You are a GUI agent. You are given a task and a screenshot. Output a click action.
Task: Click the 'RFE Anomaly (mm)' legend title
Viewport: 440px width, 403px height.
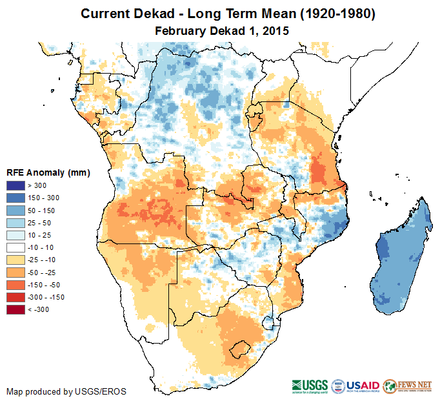tap(48, 173)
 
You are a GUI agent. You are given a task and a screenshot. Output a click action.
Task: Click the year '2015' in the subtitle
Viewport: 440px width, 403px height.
tap(275, 30)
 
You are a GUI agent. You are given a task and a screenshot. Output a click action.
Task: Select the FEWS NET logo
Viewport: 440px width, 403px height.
tap(406, 386)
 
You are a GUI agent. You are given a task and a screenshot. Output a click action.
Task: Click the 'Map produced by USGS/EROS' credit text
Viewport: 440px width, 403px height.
tap(66, 391)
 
